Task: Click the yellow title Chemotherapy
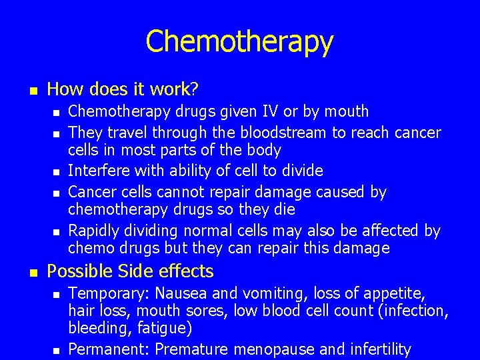pyautogui.click(x=239, y=41)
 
